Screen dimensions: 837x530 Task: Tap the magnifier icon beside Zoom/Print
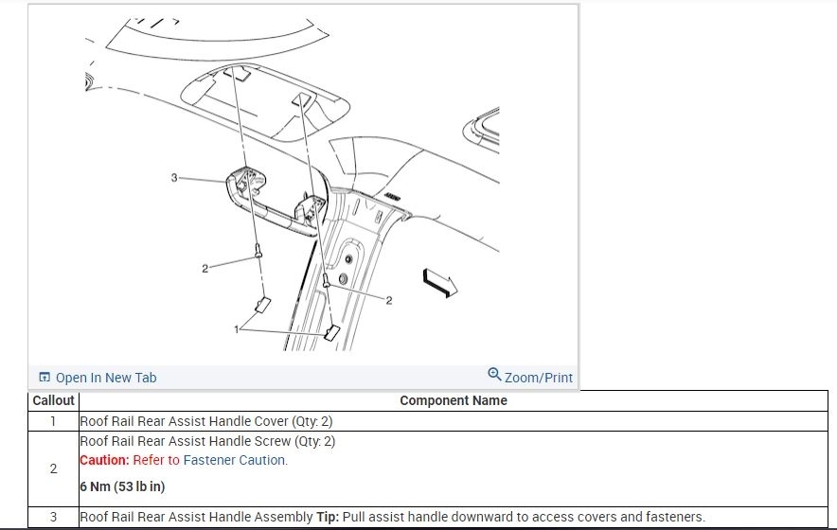pyautogui.click(x=495, y=374)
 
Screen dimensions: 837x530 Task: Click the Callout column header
pyautogui.click(x=53, y=400)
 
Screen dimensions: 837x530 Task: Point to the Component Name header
pyautogui.click(x=454, y=400)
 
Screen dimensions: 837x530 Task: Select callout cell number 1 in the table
pyautogui.click(x=53, y=421)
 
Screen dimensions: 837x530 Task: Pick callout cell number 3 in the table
pyautogui.click(x=53, y=517)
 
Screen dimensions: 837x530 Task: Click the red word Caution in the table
pyautogui.click(x=104, y=460)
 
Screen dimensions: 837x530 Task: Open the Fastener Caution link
pyautogui.click(x=235, y=460)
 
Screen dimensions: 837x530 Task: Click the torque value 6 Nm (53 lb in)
pyautogui.click(x=122, y=486)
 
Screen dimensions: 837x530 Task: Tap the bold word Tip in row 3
pyautogui.click(x=328, y=517)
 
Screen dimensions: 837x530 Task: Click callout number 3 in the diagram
pyautogui.click(x=174, y=177)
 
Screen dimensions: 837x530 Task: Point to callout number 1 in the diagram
pyautogui.click(x=237, y=329)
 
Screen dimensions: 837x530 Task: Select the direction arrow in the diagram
pyautogui.click(x=440, y=283)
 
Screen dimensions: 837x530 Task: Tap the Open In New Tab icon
pyautogui.click(x=45, y=377)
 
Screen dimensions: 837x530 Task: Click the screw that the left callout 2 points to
pyautogui.click(x=258, y=251)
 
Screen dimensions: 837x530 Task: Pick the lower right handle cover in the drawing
pyautogui.click(x=331, y=332)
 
